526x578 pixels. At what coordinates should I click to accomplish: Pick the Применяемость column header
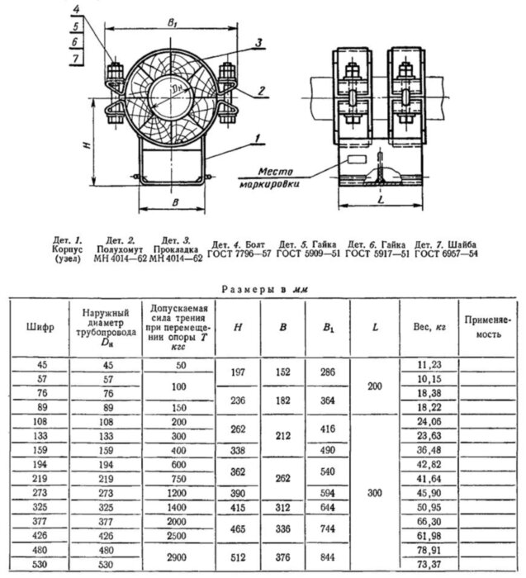486,325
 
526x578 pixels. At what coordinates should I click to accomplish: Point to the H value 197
238,372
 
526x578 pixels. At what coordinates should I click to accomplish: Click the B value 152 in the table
283,372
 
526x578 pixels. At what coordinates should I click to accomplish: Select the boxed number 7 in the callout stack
76,59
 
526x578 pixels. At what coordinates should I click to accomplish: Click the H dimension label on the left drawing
87,143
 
